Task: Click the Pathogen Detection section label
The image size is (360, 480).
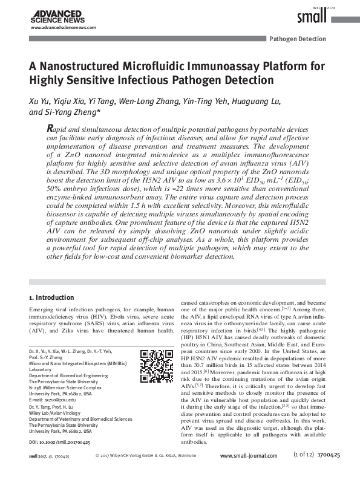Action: (x=297, y=39)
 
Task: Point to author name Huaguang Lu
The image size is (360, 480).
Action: (x=257, y=100)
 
